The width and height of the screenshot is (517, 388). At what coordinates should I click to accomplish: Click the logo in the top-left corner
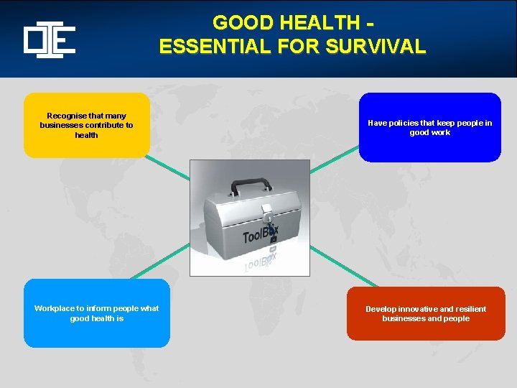click(x=49, y=40)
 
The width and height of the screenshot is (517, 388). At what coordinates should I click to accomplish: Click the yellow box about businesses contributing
click(x=86, y=125)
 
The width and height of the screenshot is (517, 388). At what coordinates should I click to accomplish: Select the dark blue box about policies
click(x=429, y=127)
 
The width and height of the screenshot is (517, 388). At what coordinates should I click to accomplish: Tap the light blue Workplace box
click(x=96, y=313)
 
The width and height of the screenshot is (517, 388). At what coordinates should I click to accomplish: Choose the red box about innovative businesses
click(x=425, y=313)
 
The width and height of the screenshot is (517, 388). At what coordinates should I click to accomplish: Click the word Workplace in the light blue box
click(x=54, y=308)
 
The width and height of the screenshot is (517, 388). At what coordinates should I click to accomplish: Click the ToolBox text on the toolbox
click(x=259, y=234)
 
